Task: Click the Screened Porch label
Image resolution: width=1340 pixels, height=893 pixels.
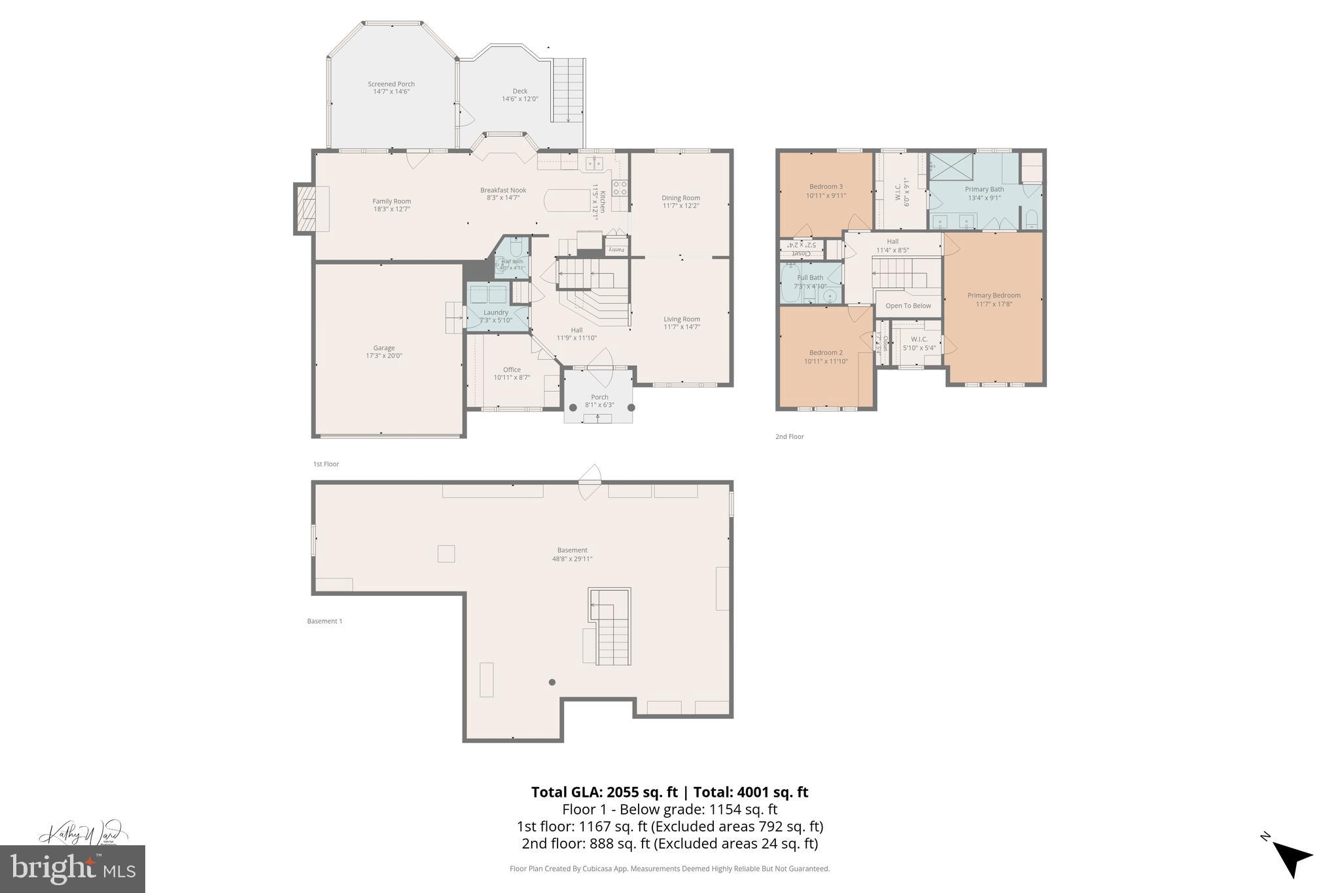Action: (391, 84)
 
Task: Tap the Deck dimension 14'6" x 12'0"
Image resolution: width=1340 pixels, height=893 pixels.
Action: (520, 99)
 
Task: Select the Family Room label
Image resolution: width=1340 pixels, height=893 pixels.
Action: (391, 201)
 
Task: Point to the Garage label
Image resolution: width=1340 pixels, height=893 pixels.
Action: (384, 348)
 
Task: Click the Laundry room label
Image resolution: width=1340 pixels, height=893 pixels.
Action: (496, 313)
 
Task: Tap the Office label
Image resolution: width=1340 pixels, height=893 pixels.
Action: (512, 370)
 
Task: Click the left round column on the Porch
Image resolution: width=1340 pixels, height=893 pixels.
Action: (573, 408)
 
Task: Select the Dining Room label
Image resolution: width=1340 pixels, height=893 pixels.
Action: (680, 198)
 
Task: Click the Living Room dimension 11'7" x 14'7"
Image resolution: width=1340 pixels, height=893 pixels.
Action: (682, 327)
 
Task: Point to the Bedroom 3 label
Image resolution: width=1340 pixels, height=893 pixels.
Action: (826, 186)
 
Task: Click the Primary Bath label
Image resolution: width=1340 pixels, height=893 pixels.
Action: (984, 189)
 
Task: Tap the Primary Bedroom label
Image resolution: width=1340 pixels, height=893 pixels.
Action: (994, 295)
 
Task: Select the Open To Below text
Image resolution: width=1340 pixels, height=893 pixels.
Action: (908, 306)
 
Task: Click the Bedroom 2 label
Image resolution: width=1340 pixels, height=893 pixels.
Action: (826, 353)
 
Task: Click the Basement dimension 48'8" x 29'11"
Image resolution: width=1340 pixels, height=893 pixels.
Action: (573, 559)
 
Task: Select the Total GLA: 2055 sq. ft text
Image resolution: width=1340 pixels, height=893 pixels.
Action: (604, 792)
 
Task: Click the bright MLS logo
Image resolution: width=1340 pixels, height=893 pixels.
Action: (72, 869)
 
